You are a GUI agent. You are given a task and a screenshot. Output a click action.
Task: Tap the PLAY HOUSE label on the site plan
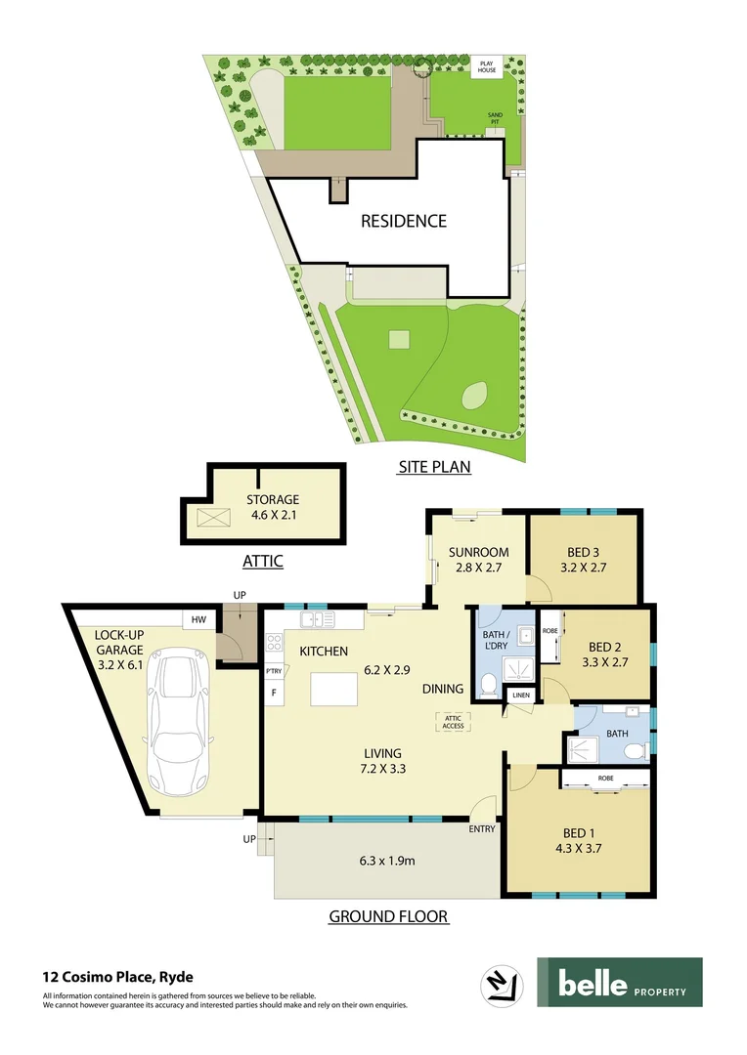click(487, 67)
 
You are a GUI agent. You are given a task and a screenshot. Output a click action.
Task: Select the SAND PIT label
click(496, 117)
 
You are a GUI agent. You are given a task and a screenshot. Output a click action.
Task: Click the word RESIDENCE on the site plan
click(404, 221)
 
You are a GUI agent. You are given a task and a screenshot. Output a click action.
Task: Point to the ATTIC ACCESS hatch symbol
click(454, 721)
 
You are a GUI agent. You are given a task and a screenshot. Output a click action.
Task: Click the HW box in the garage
click(198, 619)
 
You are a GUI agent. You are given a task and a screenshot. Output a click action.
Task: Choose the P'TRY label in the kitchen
click(274, 671)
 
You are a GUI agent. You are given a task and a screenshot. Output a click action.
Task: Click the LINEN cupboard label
click(518, 695)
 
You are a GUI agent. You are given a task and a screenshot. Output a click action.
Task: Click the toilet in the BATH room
click(637, 750)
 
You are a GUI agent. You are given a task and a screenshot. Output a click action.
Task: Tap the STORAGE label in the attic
click(272, 500)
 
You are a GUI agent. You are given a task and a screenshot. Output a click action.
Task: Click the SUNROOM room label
click(479, 552)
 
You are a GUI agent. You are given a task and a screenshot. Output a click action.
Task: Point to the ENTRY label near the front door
click(482, 829)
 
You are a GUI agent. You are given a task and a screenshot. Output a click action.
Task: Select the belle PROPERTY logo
click(619, 982)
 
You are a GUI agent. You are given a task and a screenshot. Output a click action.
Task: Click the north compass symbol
click(502, 984)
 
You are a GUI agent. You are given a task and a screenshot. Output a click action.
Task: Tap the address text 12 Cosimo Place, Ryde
click(117, 976)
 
